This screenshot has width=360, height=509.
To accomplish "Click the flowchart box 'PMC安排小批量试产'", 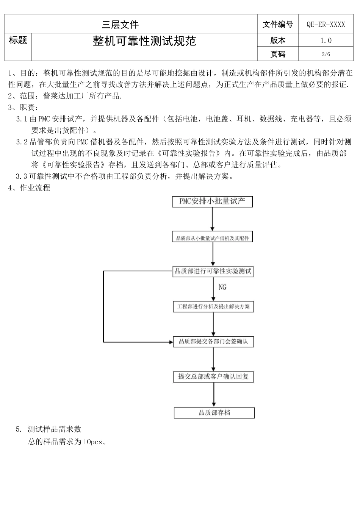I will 212,201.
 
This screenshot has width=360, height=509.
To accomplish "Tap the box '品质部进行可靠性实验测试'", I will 213,271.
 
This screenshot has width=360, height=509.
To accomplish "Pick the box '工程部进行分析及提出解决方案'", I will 213,307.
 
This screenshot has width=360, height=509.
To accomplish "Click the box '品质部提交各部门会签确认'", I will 213,342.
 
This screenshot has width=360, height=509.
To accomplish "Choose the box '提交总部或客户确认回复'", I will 213,377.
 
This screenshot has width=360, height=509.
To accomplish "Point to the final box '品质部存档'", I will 214,413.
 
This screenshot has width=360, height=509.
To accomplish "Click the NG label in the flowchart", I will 222,287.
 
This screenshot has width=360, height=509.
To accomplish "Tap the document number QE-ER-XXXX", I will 326,25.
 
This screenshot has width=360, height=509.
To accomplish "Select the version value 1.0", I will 326,41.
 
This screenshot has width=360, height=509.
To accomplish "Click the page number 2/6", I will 326,54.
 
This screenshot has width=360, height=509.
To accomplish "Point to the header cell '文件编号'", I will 278,25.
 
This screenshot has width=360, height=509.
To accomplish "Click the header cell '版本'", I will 278,41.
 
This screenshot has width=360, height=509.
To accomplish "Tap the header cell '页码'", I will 278,54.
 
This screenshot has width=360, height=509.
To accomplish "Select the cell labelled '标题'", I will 18,41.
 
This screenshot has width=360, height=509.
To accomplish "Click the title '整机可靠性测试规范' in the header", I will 144,41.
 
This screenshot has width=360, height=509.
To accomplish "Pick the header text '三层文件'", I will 120,25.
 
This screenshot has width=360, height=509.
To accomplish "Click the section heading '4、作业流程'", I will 29,188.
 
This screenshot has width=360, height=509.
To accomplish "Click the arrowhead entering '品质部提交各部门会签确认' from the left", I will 171,342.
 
